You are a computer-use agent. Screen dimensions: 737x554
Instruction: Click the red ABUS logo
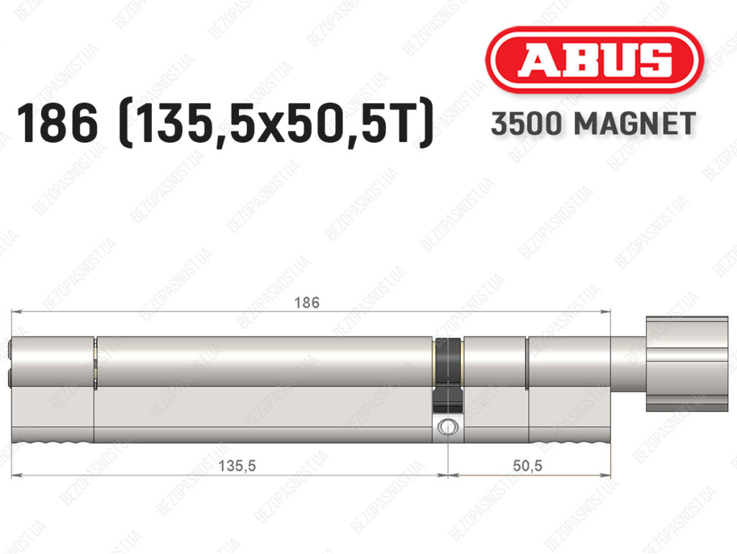coord(594,60)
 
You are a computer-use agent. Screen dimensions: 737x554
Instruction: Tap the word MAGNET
coord(635,124)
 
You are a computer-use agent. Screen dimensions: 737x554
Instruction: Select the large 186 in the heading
coord(58,123)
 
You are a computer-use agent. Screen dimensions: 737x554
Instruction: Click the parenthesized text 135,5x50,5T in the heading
coord(276,123)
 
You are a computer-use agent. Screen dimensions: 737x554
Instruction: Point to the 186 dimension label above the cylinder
coord(307,303)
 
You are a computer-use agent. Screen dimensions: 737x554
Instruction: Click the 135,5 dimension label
coord(237,465)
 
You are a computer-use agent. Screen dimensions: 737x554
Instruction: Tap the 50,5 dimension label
coord(528,465)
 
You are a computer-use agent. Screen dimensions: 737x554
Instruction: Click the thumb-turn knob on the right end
coord(687,364)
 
